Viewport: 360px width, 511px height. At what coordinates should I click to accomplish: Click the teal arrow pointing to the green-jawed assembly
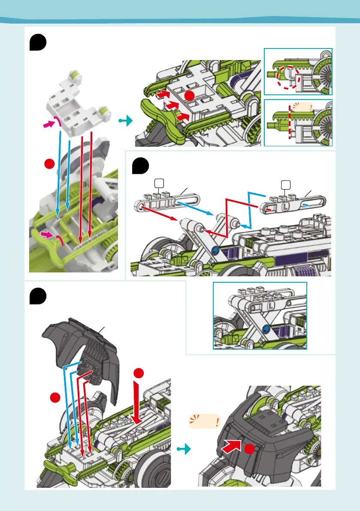[124, 122]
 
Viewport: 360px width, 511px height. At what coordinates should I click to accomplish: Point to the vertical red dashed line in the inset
[290, 124]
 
